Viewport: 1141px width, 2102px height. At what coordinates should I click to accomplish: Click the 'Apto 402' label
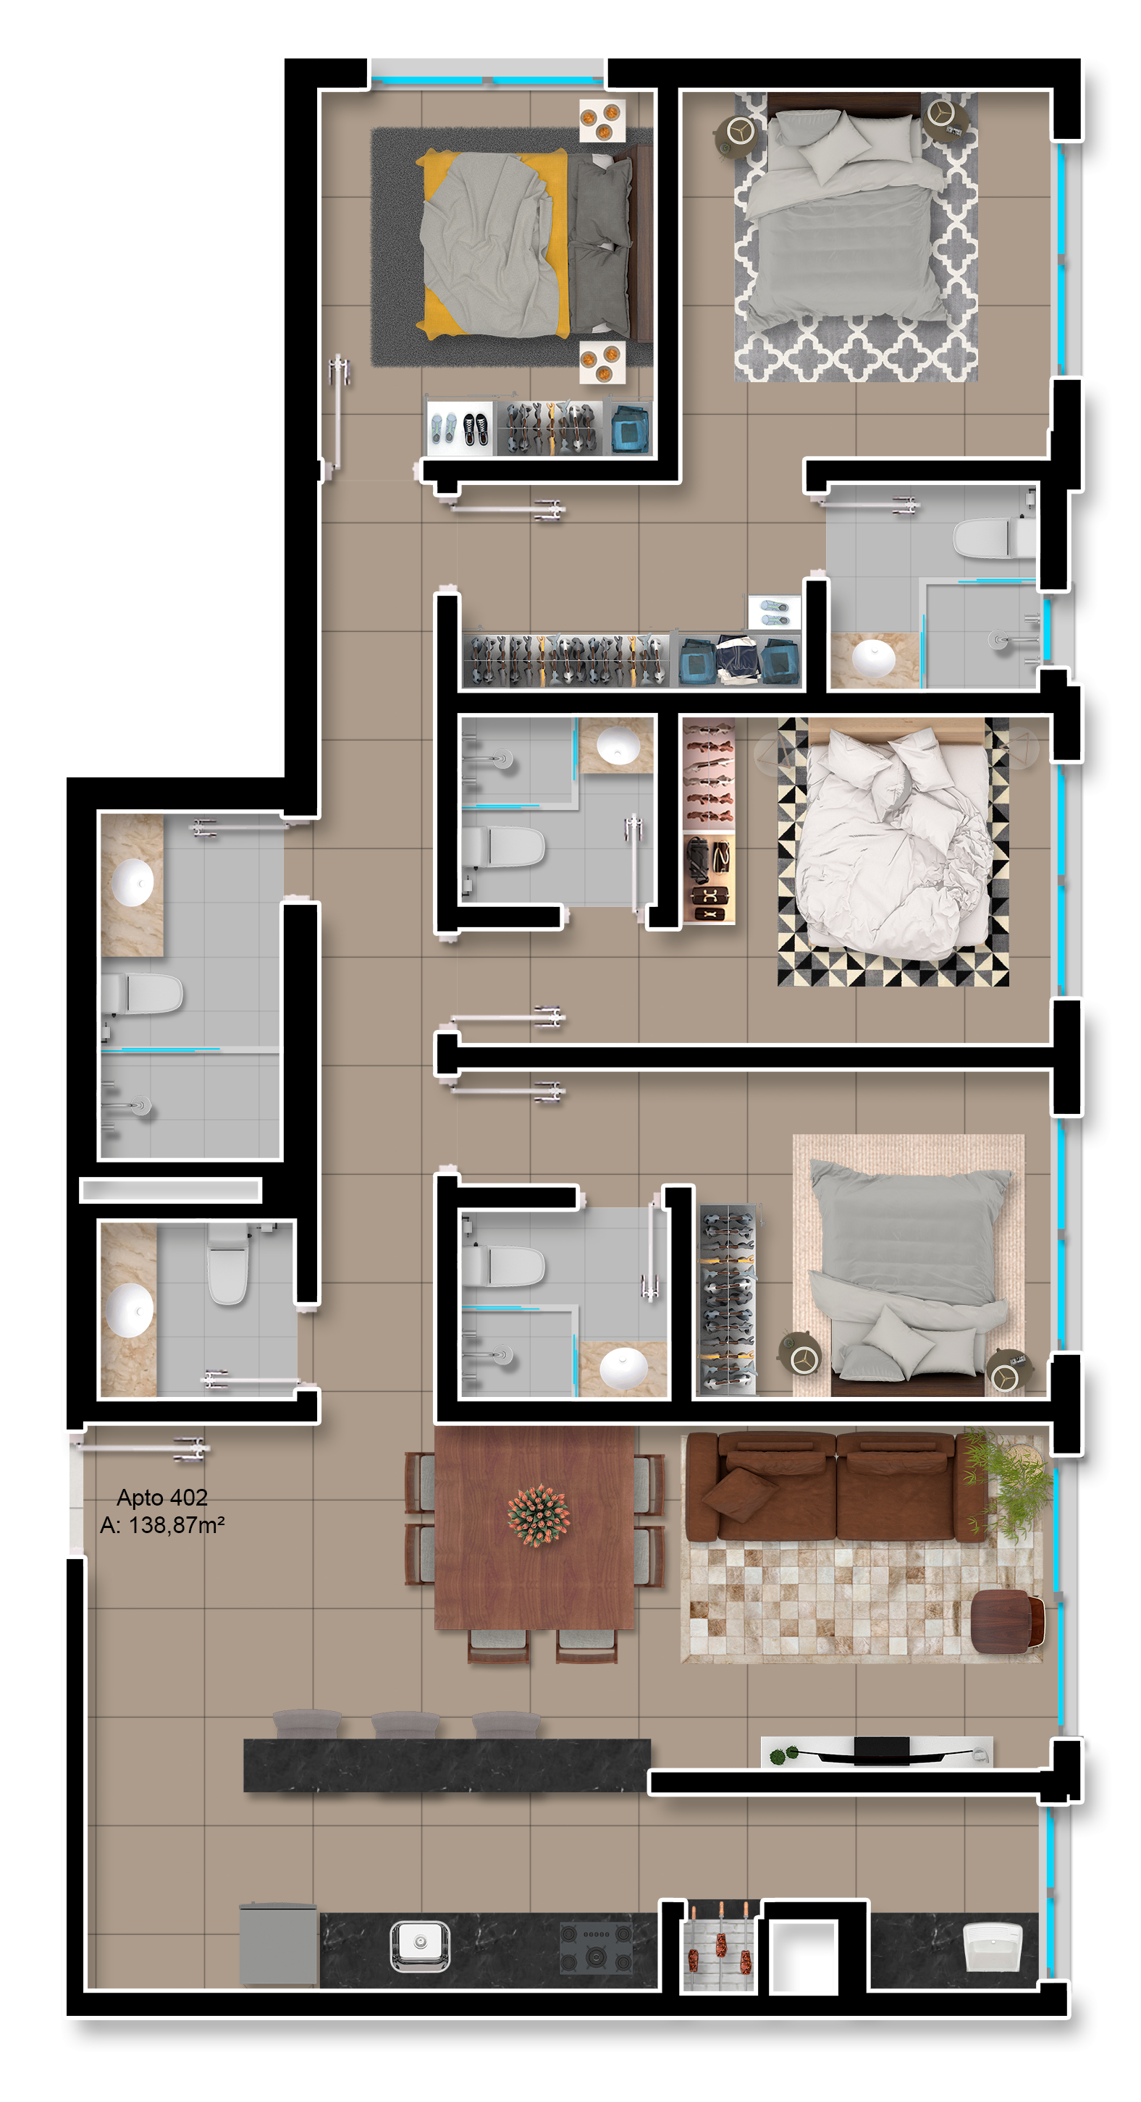coord(161,1497)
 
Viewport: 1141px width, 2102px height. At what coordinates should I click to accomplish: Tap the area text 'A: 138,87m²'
coord(161,1524)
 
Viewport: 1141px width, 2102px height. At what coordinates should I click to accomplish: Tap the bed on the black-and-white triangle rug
coord(893,840)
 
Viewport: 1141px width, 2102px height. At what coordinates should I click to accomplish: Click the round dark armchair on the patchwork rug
coord(1007,1620)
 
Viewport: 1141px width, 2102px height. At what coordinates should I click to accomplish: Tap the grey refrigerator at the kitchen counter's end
coord(278,1944)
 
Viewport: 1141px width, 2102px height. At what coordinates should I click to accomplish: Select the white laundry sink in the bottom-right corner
coord(993,1947)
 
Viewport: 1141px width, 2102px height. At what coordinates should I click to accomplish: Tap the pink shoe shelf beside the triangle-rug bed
coord(709,774)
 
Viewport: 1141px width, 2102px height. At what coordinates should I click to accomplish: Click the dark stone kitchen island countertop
coord(447,1765)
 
